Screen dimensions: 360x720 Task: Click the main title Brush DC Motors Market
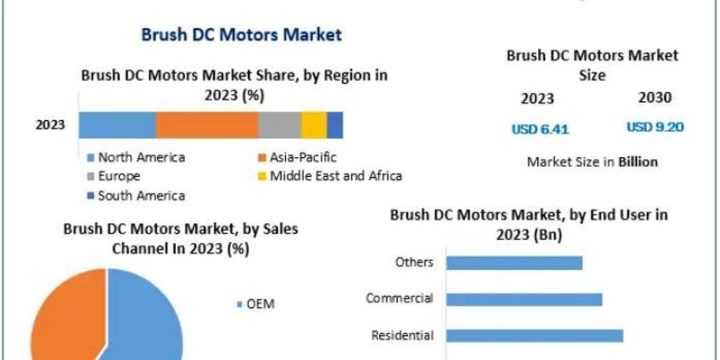pyautogui.click(x=241, y=34)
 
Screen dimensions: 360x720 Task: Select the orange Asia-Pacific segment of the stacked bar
pyautogui.click(x=207, y=125)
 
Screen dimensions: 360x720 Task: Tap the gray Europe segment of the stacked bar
pyautogui.click(x=280, y=125)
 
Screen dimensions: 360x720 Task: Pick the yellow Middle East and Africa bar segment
pyautogui.click(x=314, y=125)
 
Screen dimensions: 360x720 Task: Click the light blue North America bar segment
pyautogui.click(x=118, y=125)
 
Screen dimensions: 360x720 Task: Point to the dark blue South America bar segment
pyautogui.click(x=335, y=125)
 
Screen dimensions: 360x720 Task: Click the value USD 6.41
pyautogui.click(x=540, y=128)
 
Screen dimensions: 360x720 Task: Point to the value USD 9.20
pyautogui.click(x=655, y=127)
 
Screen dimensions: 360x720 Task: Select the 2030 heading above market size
pyautogui.click(x=655, y=98)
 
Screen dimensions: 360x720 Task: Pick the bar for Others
pyautogui.click(x=514, y=263)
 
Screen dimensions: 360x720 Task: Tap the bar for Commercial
pyautogui.click(x=524, y=299)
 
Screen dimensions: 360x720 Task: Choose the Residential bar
pyautogui.click(x=534, y=335)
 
